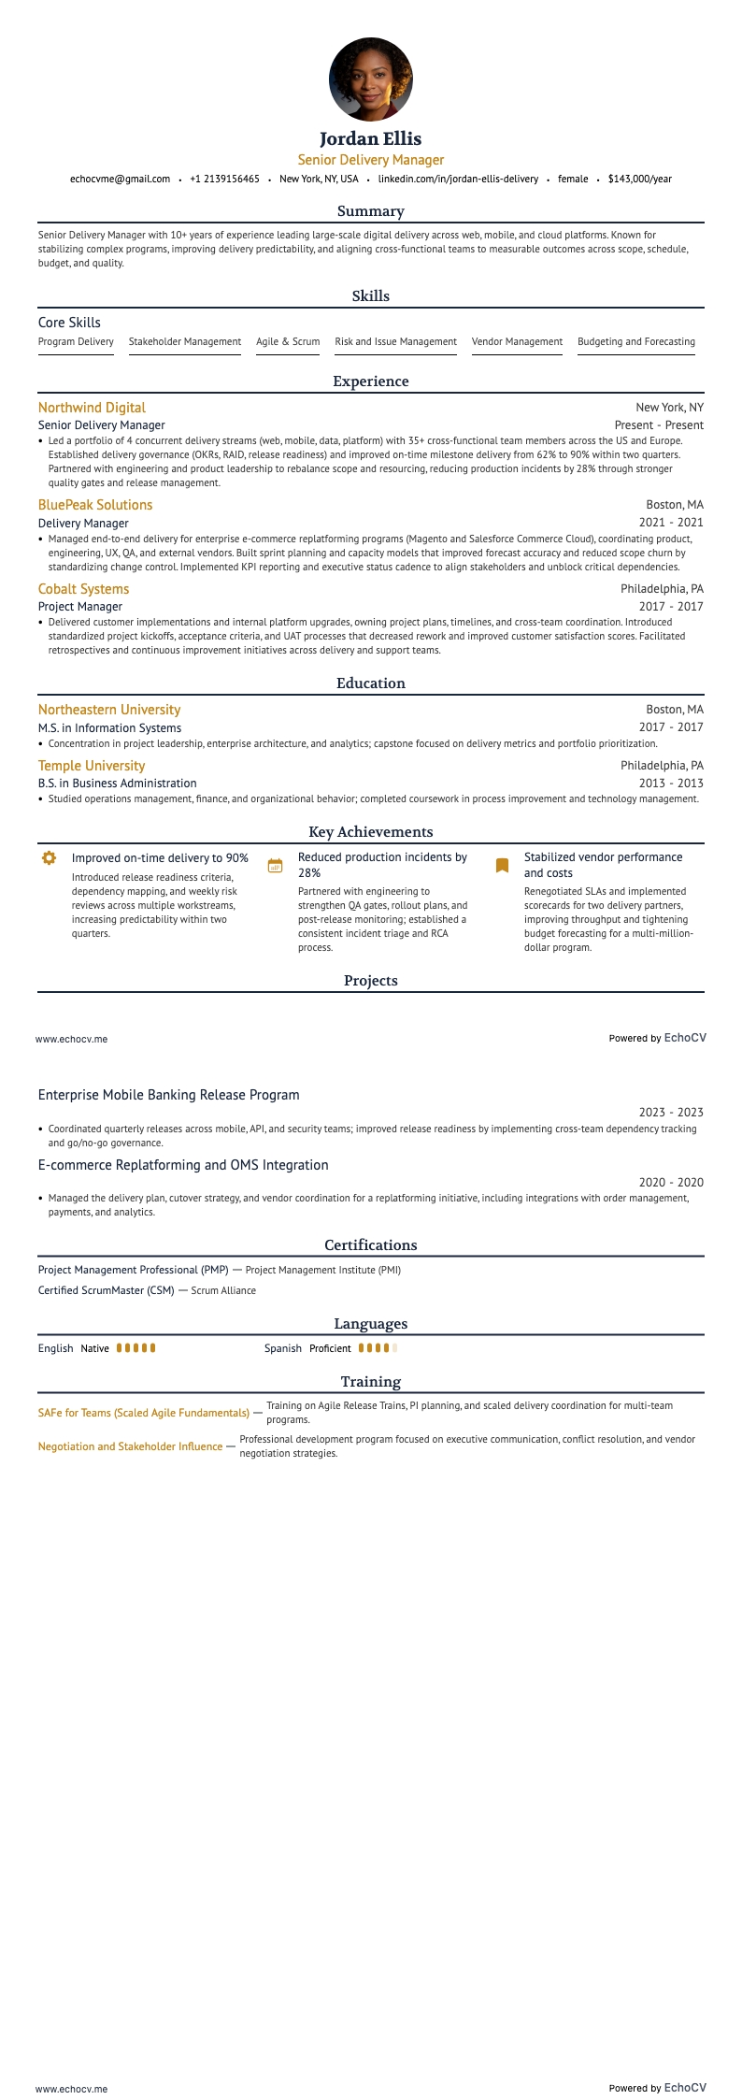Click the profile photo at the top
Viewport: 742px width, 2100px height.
[x=371, y=79]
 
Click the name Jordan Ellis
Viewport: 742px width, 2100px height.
[x=371, y=138]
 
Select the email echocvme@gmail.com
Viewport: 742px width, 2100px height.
[x=120, y=179]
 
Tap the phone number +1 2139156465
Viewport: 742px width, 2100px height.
[x=224, y=179]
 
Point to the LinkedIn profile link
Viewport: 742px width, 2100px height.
[x=458, y=179]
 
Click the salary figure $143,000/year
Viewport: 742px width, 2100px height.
[x=639, y=179]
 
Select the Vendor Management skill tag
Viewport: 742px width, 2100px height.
[x=517, y=342]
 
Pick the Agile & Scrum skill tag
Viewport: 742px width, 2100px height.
[x=288, y=342]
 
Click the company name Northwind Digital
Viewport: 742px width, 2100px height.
[x=92, y=408]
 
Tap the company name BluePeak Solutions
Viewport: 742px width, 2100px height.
[x=95, y=505]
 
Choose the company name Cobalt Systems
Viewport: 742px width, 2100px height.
[x=83, y=589]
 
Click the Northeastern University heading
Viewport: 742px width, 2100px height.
[x=109, y=710]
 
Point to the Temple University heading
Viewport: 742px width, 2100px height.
[x=92, y=766]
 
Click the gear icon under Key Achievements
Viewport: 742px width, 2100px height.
[x=50, y=858]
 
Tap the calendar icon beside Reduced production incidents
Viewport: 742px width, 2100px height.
[x=275, y=866]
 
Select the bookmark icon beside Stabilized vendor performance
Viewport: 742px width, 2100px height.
[x=502, y=866]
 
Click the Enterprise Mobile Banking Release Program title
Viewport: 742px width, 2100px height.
[x=169, y=1095]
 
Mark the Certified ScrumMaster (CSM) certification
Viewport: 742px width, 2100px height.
[x=107, y=1290]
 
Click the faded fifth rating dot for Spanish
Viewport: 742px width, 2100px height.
[x=394, y=1348]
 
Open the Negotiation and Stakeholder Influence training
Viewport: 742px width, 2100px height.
[x=130, y=1446]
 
